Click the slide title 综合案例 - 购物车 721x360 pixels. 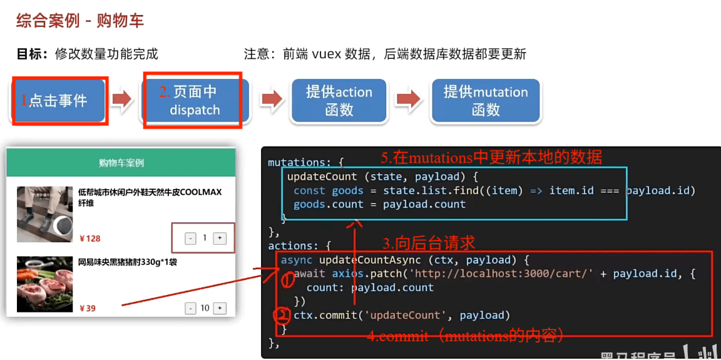tap(80, 21)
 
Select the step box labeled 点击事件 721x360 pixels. tap(58, 100)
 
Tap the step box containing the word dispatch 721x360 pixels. tap(195, 101)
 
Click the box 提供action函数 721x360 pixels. tap(339, 101)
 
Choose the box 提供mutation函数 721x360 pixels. tap(486, 101)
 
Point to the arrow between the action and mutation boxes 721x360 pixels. tap(408, 100)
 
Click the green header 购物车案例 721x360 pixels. tap(121, 163)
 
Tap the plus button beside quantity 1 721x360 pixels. tap(220, 239)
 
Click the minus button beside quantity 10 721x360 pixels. tap(190, 308)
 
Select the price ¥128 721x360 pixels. tap(90, 239)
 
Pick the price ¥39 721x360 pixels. tap(88, 308)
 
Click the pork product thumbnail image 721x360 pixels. tap(44, 284)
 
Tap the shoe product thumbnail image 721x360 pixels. tap(44, 214)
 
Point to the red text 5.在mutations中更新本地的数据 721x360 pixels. tap(491, 157)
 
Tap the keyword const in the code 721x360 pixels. tap(309, 190)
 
